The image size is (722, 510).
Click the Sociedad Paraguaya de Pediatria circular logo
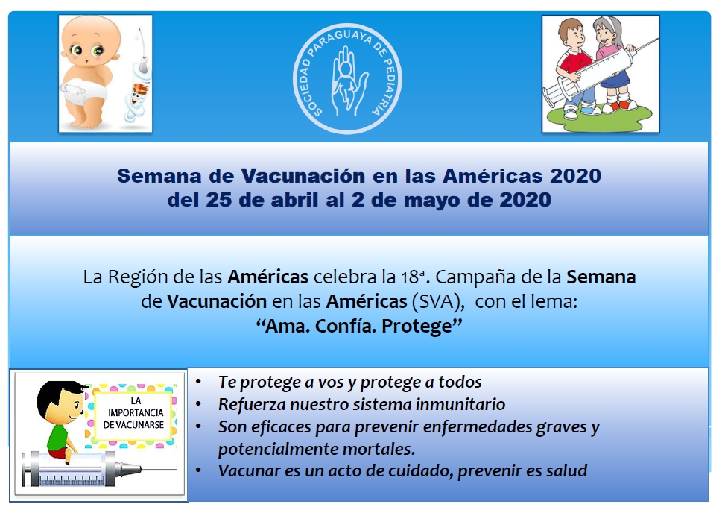[348, 79]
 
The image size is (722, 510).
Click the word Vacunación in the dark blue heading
[303, 176]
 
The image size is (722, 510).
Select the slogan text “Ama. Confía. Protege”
[359, 326]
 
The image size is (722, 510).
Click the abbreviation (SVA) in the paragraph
[437, 302]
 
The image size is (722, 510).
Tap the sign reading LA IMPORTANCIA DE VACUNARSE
[133, 413]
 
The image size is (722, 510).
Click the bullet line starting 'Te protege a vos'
[350, 382]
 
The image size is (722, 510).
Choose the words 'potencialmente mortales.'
[317, 449]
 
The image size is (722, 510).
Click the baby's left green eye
[98, 51]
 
